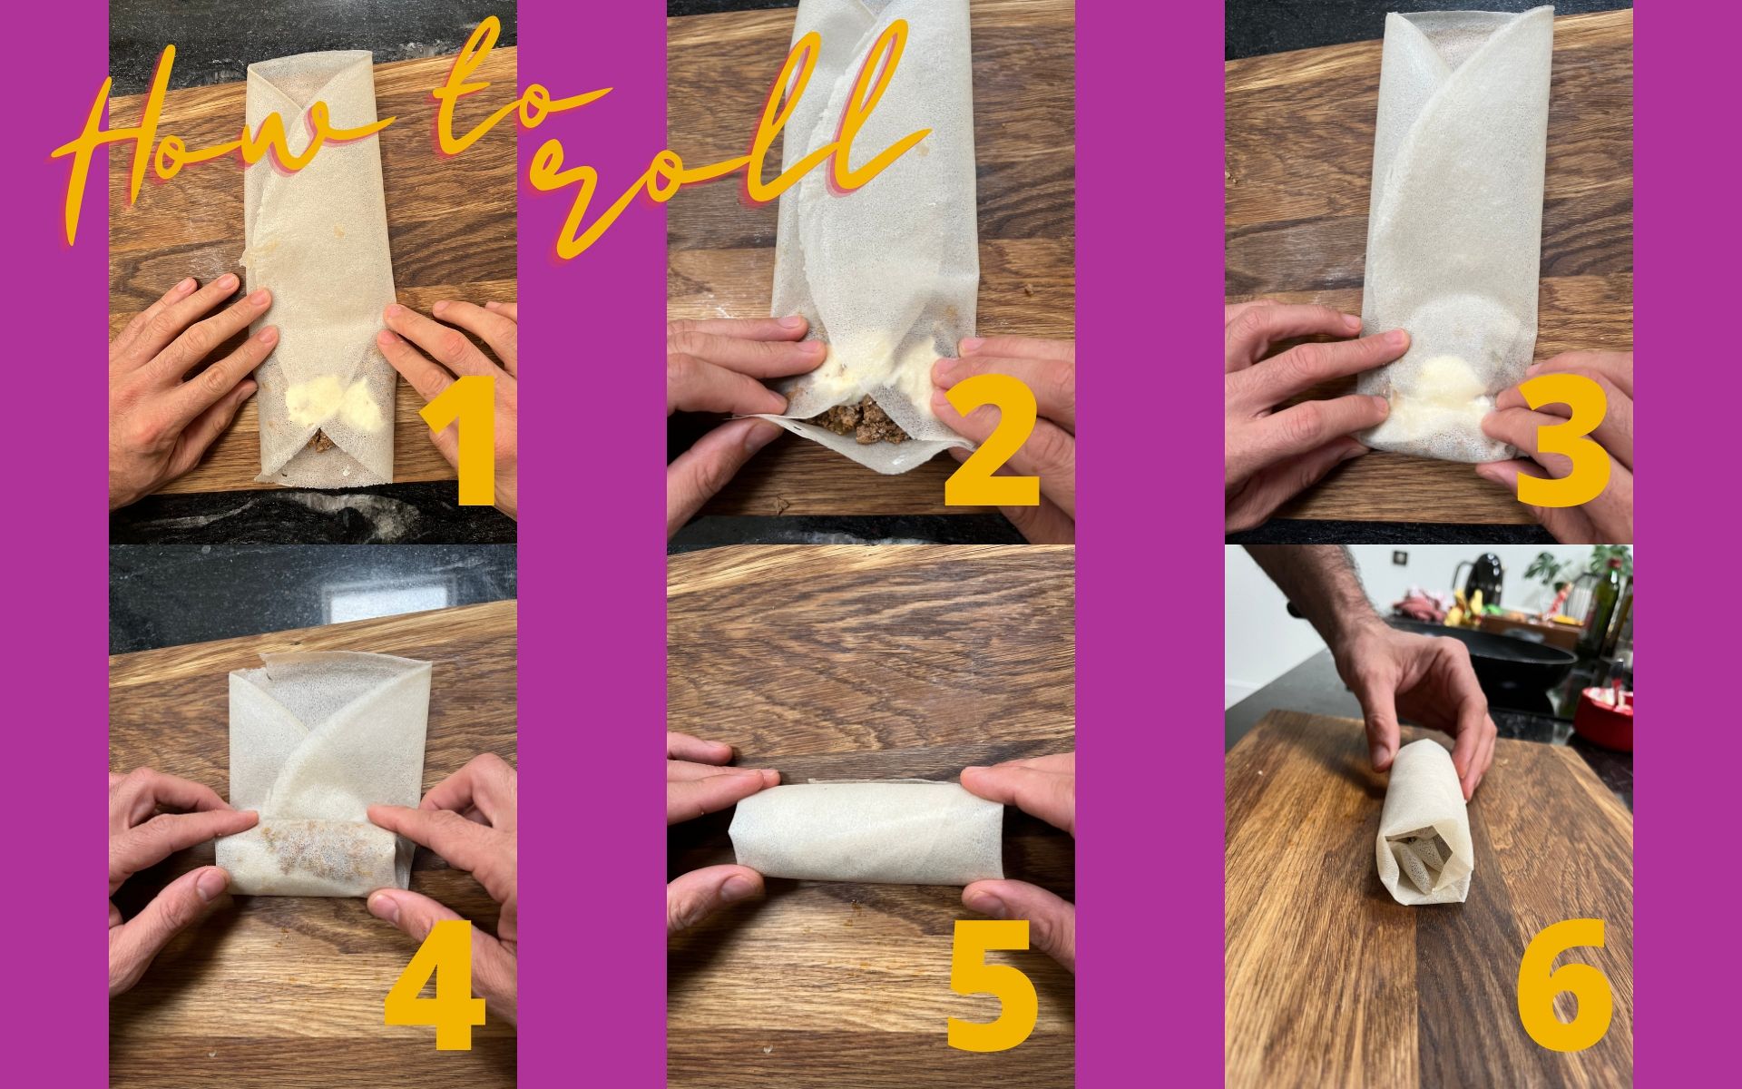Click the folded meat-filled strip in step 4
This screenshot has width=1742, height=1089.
(x=308, y=853)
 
